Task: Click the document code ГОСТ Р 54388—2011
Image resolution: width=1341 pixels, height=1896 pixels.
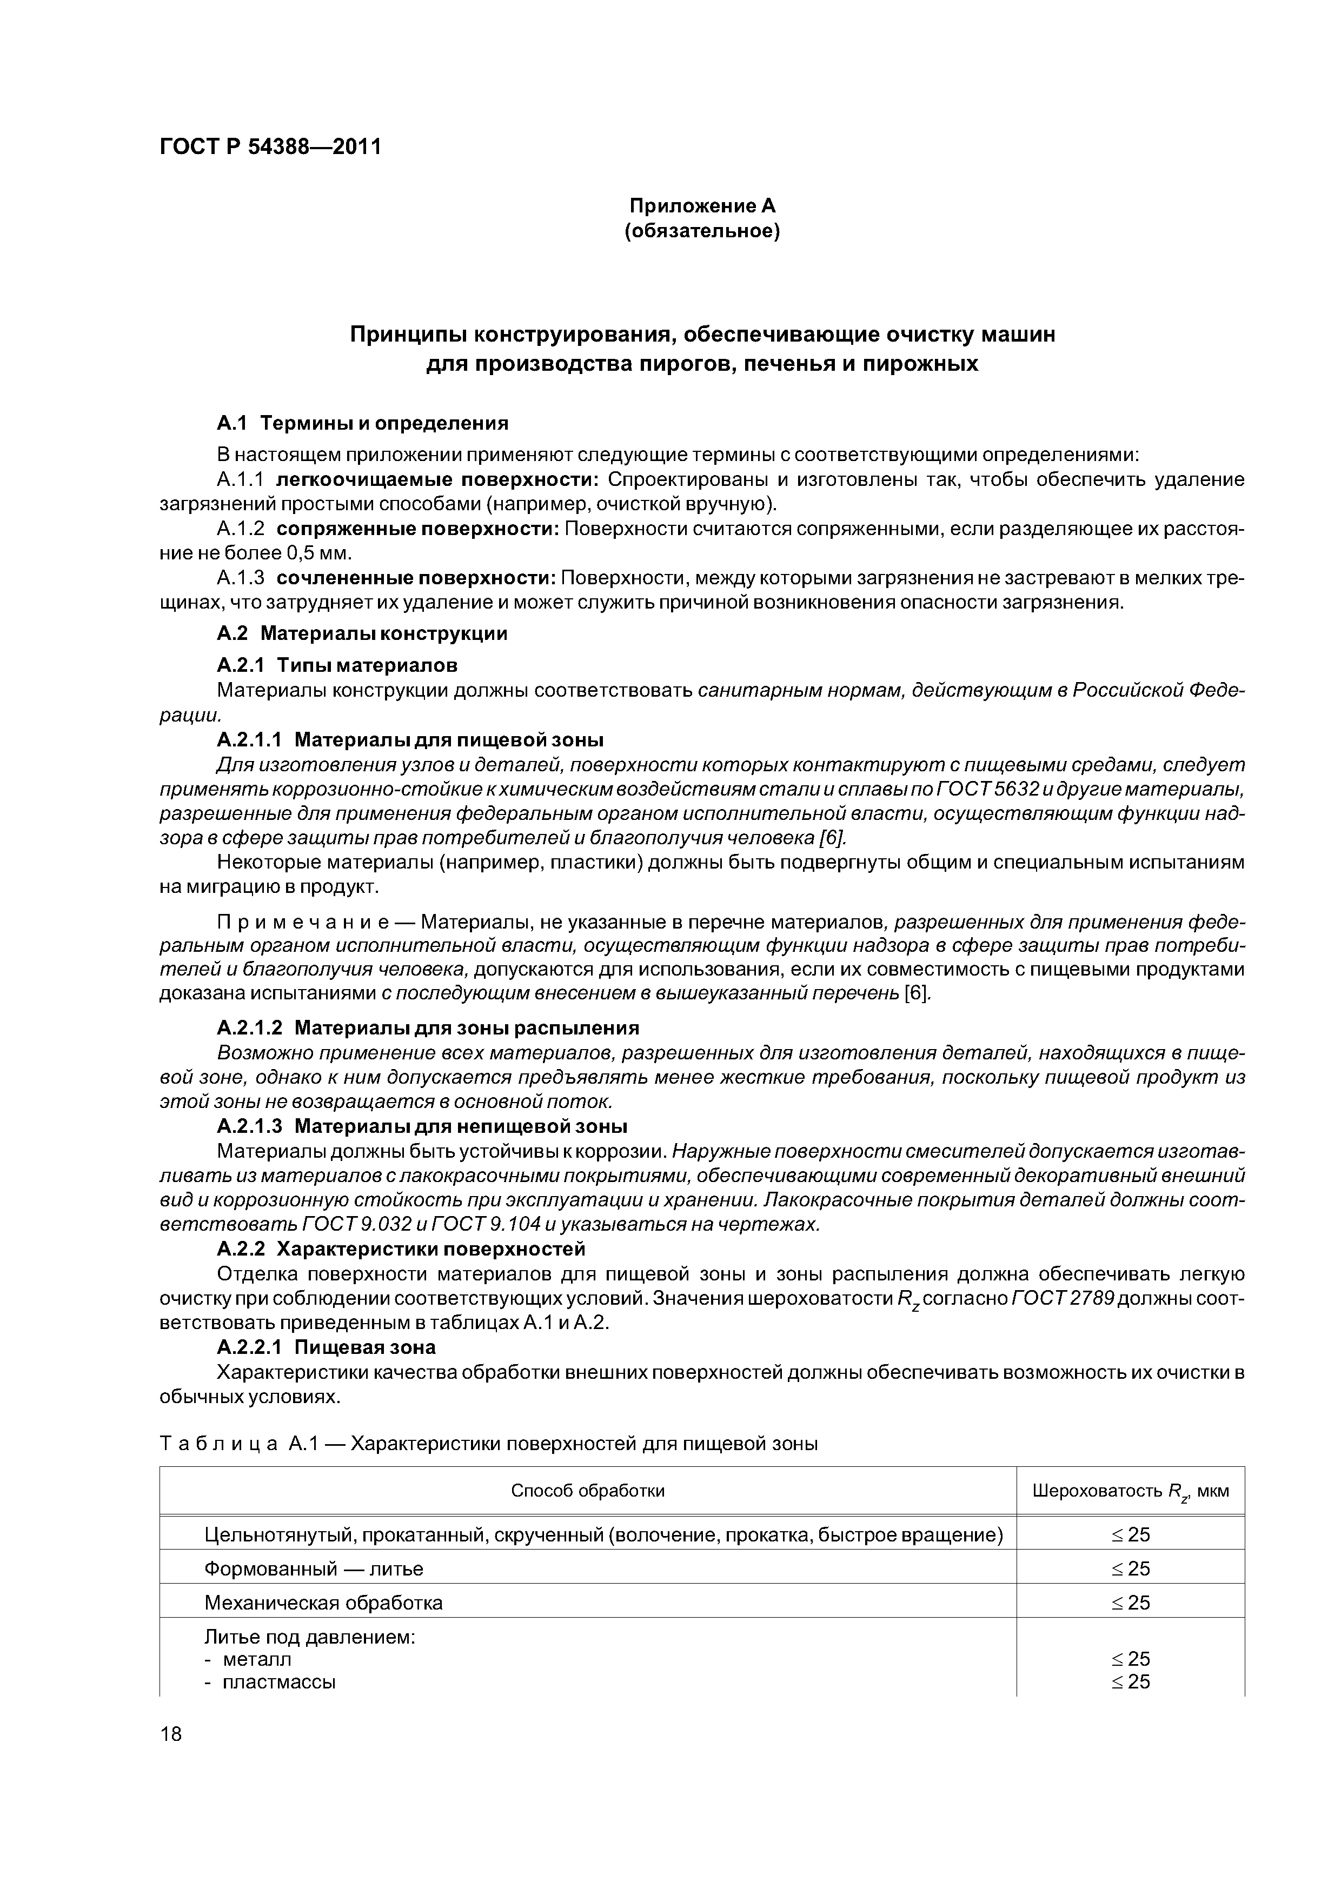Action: tap(270, 148)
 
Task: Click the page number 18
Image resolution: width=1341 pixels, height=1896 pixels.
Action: tap(170, 1733)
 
